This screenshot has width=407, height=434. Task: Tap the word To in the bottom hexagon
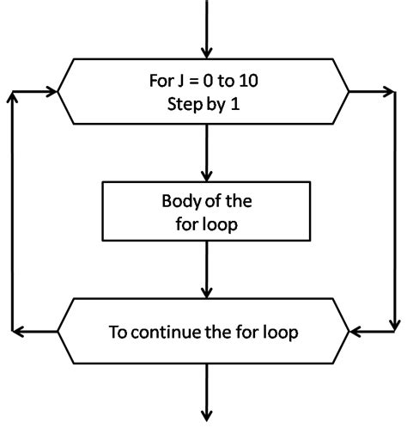(118, 332)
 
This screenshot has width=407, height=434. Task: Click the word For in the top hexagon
(161, 83)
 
